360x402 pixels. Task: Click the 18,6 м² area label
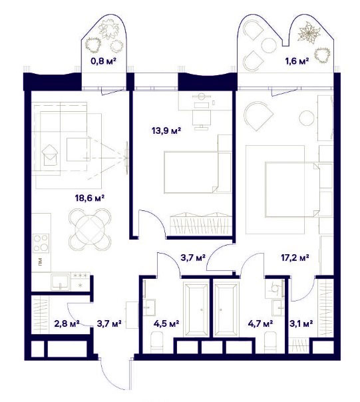pyautogui.click(x=89, y=198)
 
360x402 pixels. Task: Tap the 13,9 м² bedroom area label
pyautogui.click(x=166, y=131)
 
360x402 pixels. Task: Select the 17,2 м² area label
pyautogui.click(x=295, y=258)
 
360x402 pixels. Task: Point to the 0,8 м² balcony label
pyautogui.click(x=104, y=61)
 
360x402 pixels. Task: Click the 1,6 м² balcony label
pyautogui.click(x=297, y=61)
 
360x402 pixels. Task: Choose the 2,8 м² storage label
pyautogui.click(x=67, y=323)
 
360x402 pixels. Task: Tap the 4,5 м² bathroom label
pyautogui.click(x=166, y=323)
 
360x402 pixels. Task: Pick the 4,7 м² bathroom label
pyautogui.click(x=260, y=323)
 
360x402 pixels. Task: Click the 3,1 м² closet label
pyautogui.click(x=301, y=323)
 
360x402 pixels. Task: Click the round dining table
pyautogui.click(x=90, y=230)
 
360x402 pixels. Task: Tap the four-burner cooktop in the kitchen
pyautogui.click(x=41, y=243)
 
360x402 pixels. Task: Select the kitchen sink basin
pyautogui.click(x=61, y=282)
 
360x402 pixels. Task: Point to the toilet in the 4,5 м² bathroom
pyautogui.click(x=156, y=342)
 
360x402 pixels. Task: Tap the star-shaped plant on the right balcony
pyautogui.click(x=309, y=33)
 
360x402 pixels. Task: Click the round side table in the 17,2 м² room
pyautogui.click(x=306, y=118)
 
